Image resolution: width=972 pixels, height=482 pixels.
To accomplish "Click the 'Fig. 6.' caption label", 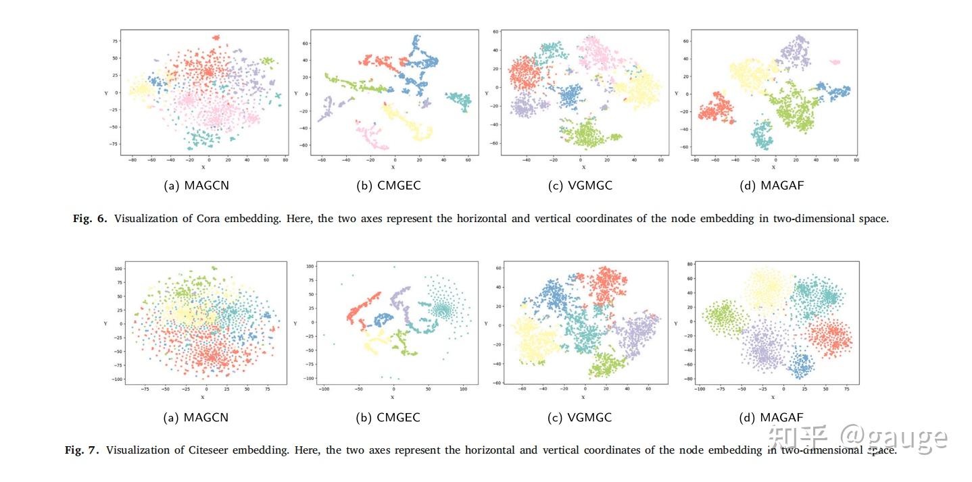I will coord(90,219).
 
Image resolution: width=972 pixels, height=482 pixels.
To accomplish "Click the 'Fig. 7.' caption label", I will coord(82,450).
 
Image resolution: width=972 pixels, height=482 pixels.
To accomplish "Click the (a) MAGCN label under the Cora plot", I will coord(196,186).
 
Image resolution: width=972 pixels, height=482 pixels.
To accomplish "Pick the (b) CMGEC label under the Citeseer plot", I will coord(388,418).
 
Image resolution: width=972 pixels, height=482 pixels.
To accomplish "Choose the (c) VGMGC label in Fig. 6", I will coord(580,186).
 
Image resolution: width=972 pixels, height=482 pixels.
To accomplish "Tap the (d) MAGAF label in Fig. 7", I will coord(771,418).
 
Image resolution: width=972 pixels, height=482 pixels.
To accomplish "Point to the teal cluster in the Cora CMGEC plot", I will coord(459,101).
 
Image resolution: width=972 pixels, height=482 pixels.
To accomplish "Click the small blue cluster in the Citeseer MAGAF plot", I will coord(802,365).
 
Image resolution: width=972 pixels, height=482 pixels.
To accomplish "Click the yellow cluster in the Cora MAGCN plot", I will coord(139,89).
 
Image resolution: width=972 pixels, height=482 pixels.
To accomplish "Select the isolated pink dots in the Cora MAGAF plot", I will coord(835,62).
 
